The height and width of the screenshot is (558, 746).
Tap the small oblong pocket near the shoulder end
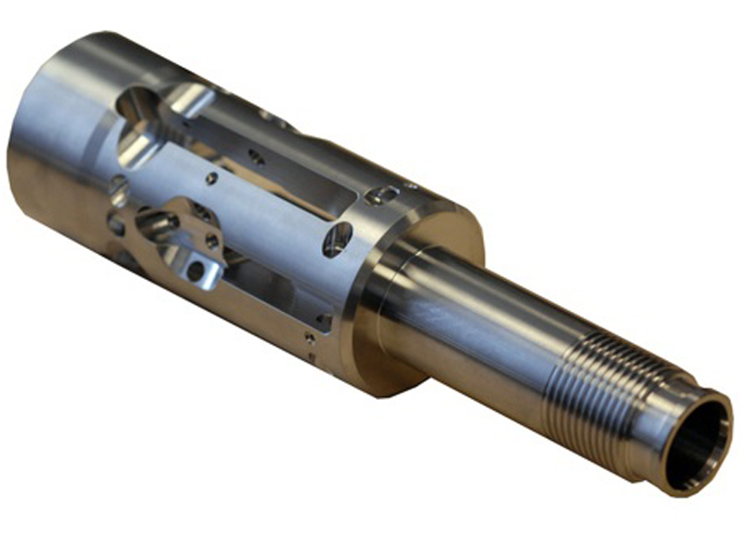click(x=382, y=194)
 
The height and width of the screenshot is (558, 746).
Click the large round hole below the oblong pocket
click(x=337, y=240)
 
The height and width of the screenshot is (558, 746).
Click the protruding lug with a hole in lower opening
click(x=197, y=271)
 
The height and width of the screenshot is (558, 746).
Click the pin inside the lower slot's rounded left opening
click(x=157, y=223)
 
